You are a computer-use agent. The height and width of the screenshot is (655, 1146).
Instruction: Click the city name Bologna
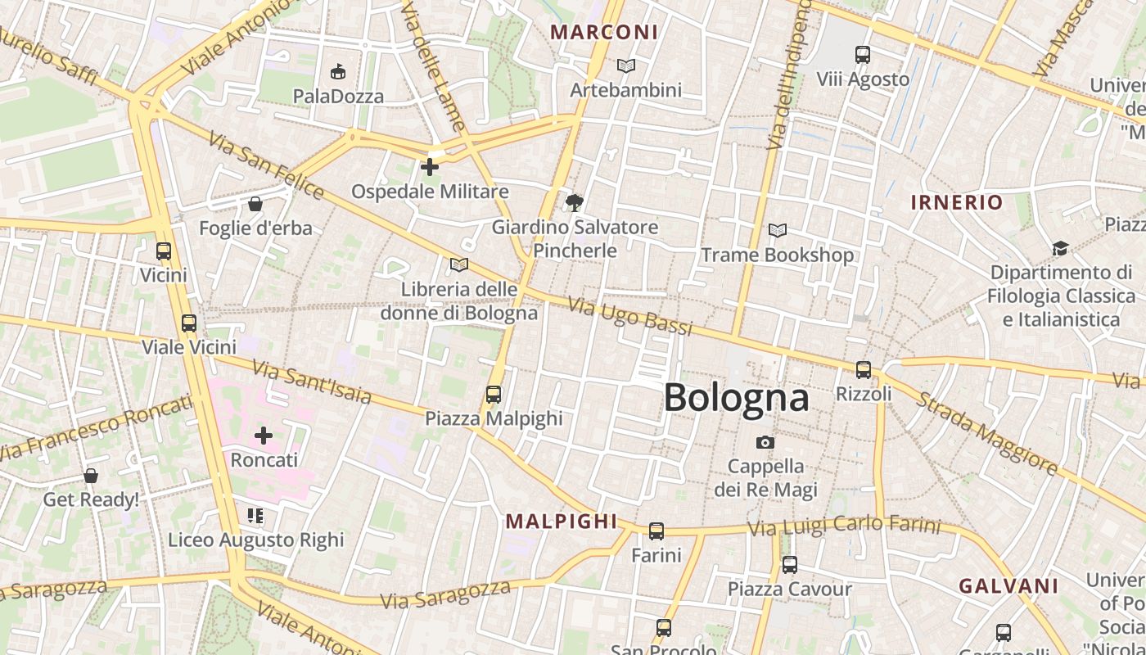(x=736, y=398)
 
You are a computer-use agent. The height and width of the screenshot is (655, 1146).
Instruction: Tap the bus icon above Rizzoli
(x=863, y=369)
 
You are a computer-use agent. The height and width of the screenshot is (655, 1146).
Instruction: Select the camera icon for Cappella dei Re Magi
(x=765, y=442)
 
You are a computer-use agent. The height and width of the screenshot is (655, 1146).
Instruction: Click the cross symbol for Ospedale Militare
(x=429, y=167)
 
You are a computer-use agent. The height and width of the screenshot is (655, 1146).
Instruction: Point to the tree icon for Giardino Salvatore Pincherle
(x=575, y=202)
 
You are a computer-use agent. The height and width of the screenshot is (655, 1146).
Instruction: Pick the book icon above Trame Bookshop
(x=777, y=231)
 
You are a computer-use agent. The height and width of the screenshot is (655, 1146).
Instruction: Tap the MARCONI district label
(x=604, y=32)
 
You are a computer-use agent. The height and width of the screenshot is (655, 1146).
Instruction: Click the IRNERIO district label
(x=956, y=202)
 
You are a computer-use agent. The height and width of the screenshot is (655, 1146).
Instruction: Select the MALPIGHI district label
(x=561, y=521)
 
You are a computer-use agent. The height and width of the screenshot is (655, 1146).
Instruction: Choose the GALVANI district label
(x=1008, y=586)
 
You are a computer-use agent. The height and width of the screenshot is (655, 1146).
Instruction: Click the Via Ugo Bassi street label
(x=630, y=317)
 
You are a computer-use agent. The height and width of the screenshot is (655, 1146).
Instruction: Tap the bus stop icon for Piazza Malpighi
(x=493, y=395)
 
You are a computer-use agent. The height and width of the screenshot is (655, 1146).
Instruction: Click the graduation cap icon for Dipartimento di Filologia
(x=1060, y=248)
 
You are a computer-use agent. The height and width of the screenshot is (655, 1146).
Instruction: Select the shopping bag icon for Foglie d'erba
(x=255, y=204)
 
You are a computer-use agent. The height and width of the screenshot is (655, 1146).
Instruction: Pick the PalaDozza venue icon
(x=337, y=72)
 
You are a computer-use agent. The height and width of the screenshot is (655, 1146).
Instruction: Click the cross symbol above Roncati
(x=264, y=436)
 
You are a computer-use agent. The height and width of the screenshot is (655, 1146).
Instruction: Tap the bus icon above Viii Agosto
(x=862, y=55)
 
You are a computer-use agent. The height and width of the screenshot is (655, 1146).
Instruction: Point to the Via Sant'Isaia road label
(x=312, y=382)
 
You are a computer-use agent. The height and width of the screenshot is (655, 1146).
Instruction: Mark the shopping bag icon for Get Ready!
(x=91, y=476)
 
